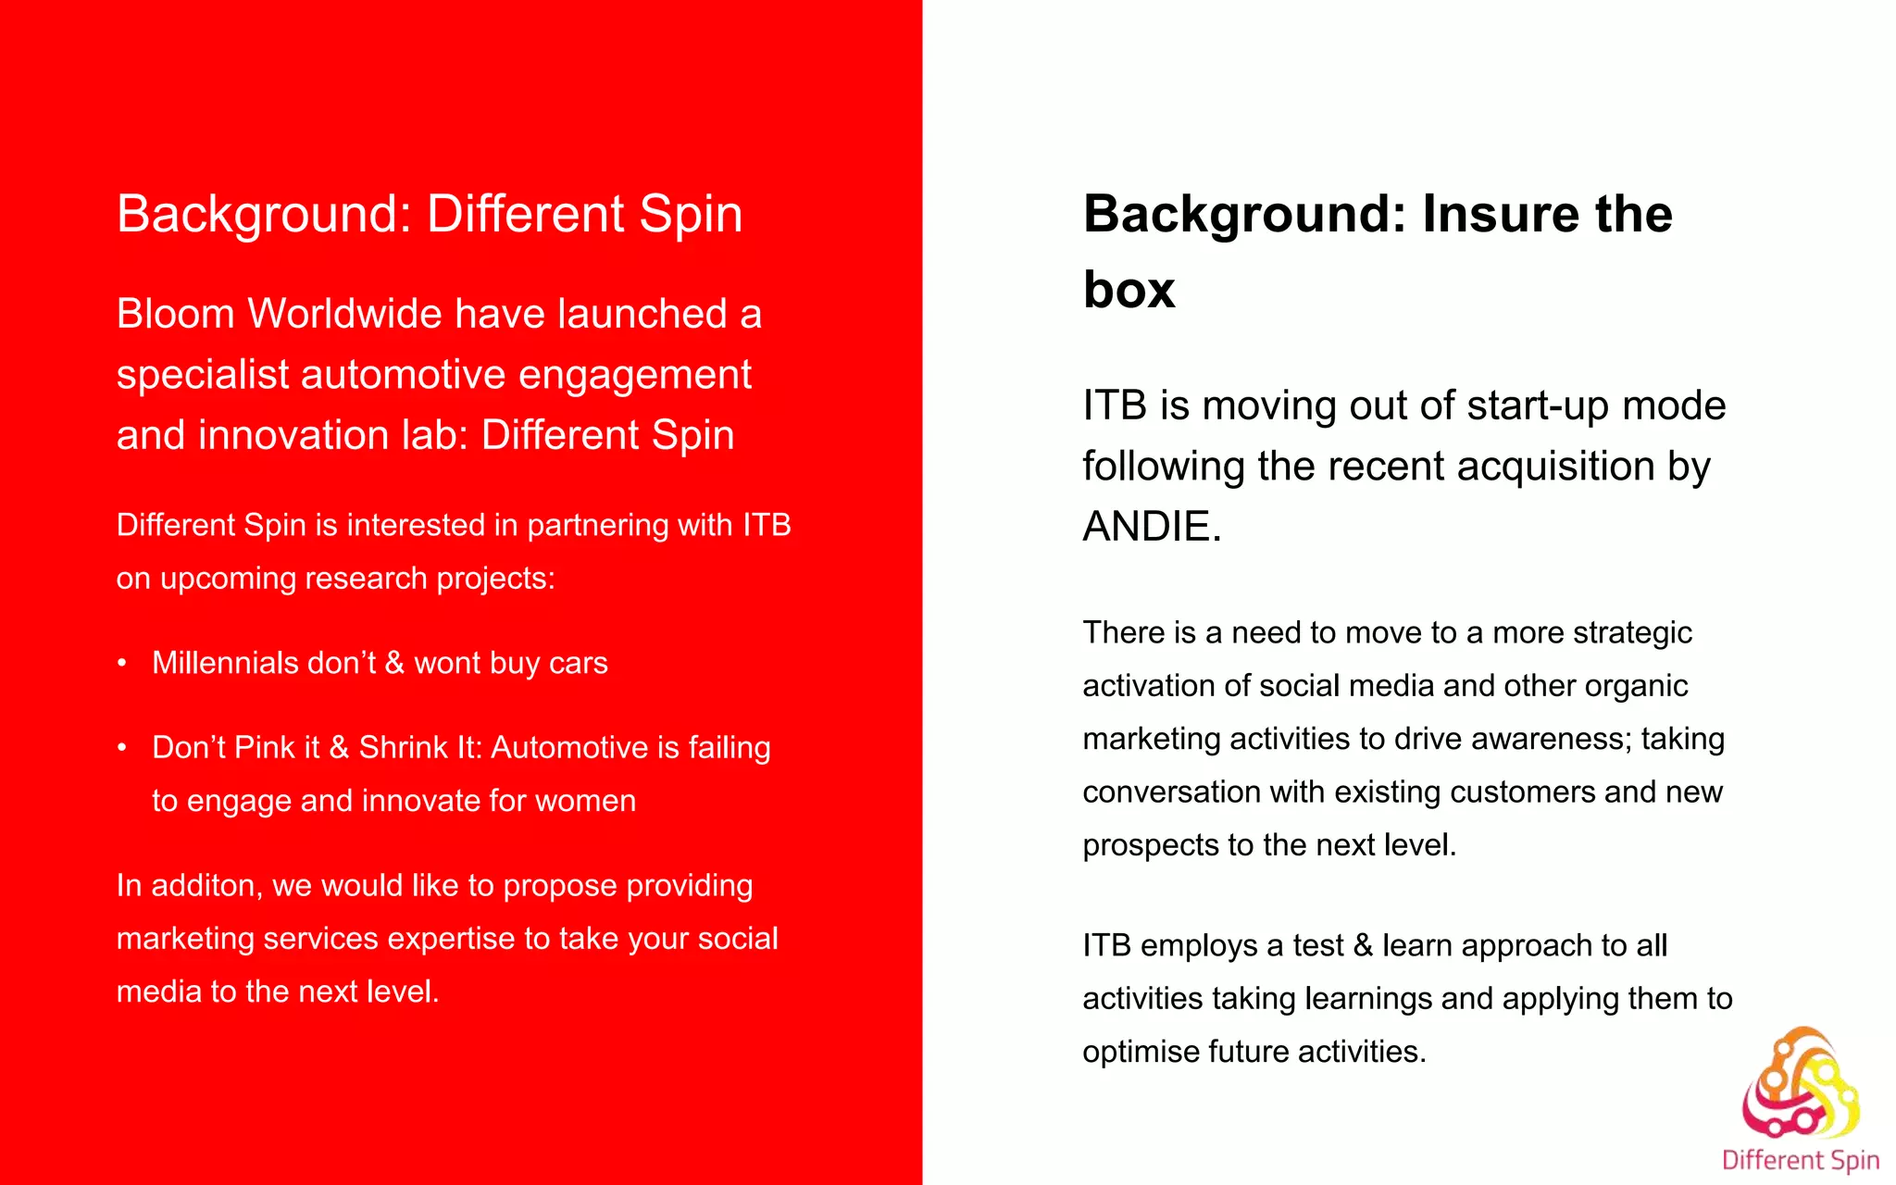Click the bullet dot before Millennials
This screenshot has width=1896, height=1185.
(122, 663)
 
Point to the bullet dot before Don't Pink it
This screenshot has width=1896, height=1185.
(122, 747)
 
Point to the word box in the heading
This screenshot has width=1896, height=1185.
(1129, 290)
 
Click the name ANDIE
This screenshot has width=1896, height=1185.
(1152, 527)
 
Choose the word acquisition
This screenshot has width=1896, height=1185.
(1555, 466)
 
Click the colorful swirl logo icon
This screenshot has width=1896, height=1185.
(1801, 1083)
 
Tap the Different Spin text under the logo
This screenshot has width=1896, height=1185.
(1801, 1160)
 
